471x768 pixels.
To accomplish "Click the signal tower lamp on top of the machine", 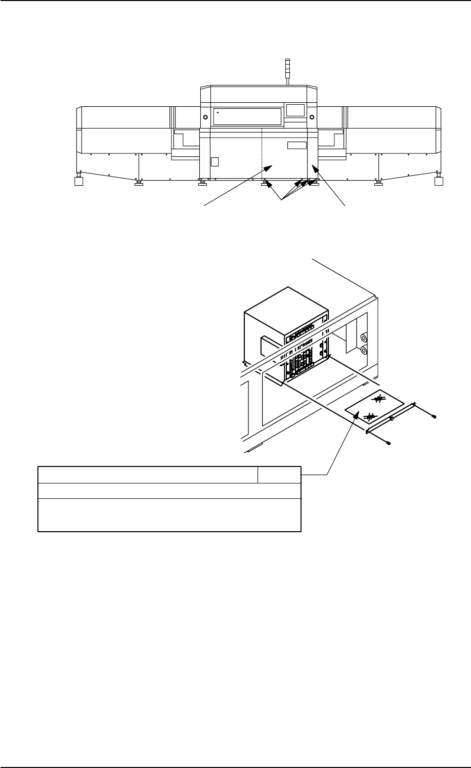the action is pyautogui.click(x=287, y=68).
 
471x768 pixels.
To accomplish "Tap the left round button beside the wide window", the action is pyautogui.click(x=205, y=117).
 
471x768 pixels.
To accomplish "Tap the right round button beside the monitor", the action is pyautogui.click(x=312, y=117).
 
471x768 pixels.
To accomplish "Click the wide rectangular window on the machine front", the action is pyautogui.click(x=247, y=116).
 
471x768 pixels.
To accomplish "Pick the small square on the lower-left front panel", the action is pyautogui.click(x=215, y=161).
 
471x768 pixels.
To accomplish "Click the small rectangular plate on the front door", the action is pyautogui.click(x=297, y=146).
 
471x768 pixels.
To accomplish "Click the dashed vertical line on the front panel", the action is pyautogui.click(x=262, y=152).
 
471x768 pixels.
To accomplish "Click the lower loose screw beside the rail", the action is pyautogui.click(x=388, y=443).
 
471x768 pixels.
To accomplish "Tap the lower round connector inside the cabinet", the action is pyautogui.click(x=363, y=350).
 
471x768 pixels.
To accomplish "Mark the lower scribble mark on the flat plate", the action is pyautogui.click(x=370, y=416).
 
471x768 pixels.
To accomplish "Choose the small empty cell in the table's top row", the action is pyautogui.click(x=279, y=475).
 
